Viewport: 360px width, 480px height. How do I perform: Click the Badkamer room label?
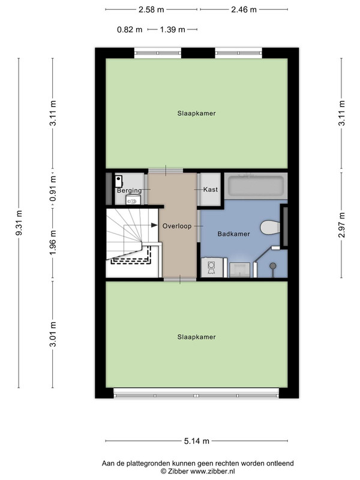(x=233, y=234)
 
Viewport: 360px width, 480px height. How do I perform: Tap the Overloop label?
(x=177, y=226)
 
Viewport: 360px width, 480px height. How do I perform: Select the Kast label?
(x=211, y=190)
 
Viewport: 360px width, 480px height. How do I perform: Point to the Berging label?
(x=130, y=190)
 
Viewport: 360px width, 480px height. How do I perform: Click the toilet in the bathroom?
(x=270, y=227)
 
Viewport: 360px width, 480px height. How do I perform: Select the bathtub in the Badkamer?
(x=256, y=186)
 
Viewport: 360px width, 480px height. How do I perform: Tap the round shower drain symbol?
(x=272, y=266)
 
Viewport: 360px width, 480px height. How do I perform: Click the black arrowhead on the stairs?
(x=154, y=226)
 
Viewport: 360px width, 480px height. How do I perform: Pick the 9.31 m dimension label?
(x=19, y=223)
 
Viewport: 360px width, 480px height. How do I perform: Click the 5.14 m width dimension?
(x=197, y=441)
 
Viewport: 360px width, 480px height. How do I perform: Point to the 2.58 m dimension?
(x=151, y=10)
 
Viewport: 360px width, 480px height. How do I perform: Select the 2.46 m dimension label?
(x=244, y=10)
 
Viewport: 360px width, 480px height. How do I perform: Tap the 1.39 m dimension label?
(x=172, y=29)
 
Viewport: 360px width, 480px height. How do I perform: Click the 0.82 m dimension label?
(x=130, y=29)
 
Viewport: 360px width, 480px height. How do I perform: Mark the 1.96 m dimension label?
(x=53, y=242)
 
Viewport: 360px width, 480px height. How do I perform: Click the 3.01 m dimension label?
(x=53, y=334)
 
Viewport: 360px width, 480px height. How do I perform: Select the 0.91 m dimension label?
(x=53, y=188)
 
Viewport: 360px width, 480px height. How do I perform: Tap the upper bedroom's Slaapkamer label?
(x=197, y=113)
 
